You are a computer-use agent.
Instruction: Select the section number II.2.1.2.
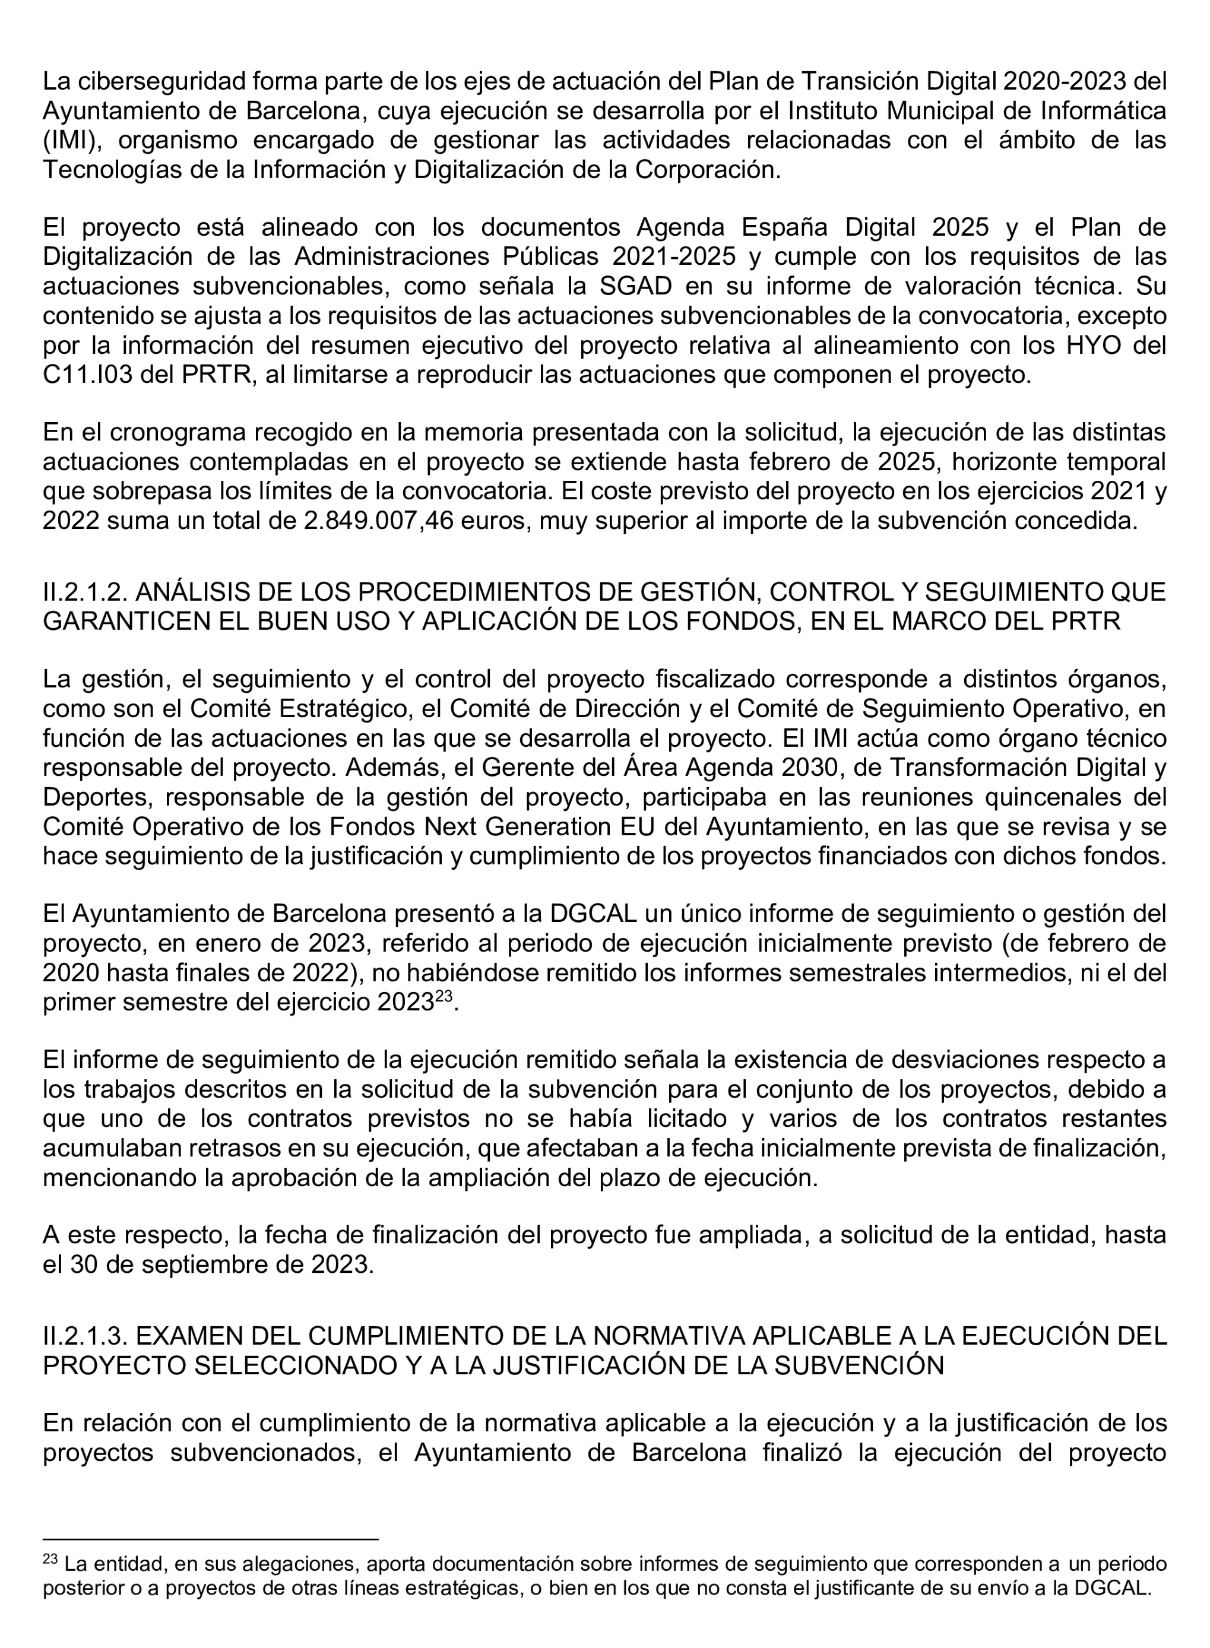[85, 592]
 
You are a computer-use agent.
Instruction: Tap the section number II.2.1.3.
[85, 1337]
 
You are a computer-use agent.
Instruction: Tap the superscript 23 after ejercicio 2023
[445, 997]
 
